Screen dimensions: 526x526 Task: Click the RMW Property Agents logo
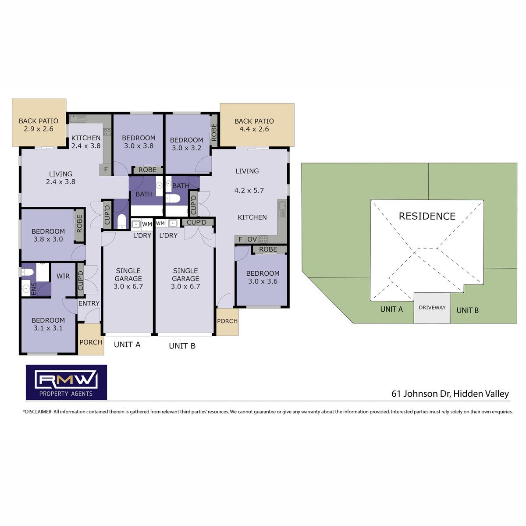point(66,382)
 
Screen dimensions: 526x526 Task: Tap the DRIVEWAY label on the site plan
point(432,308)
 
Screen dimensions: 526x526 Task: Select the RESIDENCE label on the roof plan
point(427,216)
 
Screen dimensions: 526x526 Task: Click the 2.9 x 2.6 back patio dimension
point(39,129)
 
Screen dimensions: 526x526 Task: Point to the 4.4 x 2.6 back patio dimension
point(254,129)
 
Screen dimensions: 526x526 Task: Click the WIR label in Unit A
point(63,276)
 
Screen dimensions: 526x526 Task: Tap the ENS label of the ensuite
point(34,289)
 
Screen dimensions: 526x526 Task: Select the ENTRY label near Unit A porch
point(89,303)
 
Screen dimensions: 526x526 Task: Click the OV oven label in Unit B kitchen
point(252,239)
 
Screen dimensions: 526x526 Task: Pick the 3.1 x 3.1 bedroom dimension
point(48,328)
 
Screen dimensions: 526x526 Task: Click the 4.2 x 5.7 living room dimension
point(249,190)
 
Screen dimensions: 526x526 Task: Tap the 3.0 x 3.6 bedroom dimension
point(263,281)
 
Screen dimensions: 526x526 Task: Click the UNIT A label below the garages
point(127,345)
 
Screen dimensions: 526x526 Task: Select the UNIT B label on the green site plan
point(467,310)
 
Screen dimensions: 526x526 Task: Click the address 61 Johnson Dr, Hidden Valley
point(450,394)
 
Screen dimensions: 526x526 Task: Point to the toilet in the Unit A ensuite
point(27,272)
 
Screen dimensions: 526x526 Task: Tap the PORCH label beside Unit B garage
point(227,321)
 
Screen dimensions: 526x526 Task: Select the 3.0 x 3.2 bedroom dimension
point(186,148)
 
